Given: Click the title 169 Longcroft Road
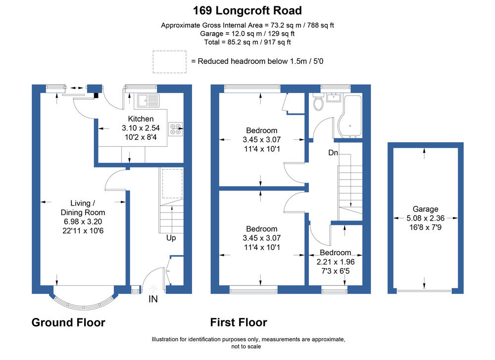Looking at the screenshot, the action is tap(247, 11).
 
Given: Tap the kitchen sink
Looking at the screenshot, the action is tap(148, 100).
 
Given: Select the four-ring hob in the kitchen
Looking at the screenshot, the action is tap(176, 129).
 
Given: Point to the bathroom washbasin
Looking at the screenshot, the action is tap(334, 97).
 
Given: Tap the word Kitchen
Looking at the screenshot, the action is tap(141, 119).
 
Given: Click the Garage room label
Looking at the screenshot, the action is tap(425, 209).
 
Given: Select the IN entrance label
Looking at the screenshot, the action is tap(153, 299).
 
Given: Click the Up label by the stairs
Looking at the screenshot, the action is tap(171, 238).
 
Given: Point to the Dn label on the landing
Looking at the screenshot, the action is tap(333, 153).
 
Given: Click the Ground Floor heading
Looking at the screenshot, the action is tap(68, 322).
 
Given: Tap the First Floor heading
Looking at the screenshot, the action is tap(239, 322).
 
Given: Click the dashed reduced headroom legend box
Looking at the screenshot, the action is tap(169, 62).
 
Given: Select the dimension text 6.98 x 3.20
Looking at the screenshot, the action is tap(83, 222).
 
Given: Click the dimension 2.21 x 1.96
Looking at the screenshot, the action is tap(336, 262).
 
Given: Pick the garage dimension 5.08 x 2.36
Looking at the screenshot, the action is tap(426, 218).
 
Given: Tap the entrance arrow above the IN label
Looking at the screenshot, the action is tap(153, 289).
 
